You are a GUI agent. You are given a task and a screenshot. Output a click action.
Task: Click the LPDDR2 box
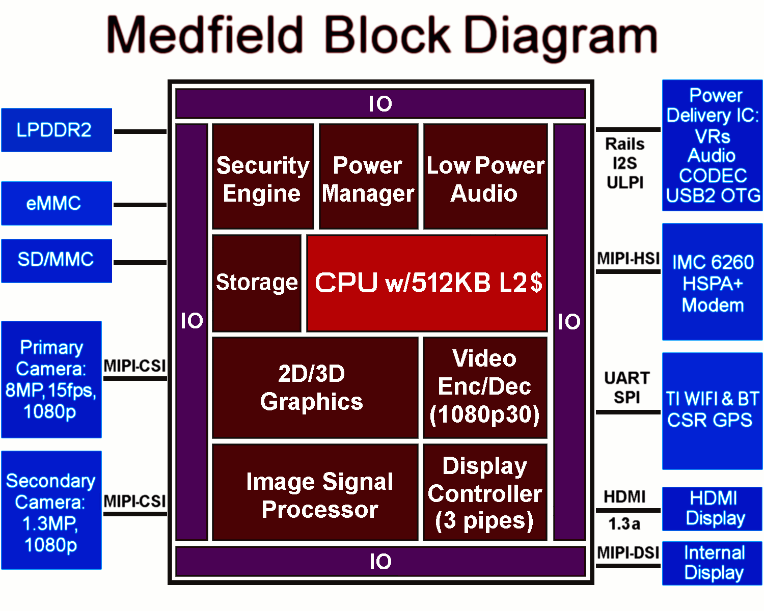(56, 130)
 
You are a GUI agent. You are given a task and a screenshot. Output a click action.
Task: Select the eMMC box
(56, 203)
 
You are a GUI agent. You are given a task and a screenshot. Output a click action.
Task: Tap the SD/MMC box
(56, 260)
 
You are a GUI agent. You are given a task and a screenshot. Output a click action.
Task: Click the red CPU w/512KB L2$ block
(427, 283)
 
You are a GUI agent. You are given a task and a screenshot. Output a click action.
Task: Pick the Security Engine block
(262, 176)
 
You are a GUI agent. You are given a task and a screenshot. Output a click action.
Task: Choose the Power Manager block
(368, 176)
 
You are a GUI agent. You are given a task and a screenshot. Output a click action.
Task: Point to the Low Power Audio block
(485, 176)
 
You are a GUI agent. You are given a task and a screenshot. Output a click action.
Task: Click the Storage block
(256, 283)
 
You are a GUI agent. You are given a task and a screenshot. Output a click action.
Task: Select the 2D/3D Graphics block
(314, 387)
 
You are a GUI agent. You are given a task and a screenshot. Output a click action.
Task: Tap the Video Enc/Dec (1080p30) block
(485, 387)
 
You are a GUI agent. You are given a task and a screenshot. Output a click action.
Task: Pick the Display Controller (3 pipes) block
(485, 492)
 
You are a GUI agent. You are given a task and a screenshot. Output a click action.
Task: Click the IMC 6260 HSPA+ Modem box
(712, 282)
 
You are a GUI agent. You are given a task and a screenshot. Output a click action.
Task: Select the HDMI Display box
(712, 509)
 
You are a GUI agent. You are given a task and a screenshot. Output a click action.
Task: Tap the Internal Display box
(712, 563)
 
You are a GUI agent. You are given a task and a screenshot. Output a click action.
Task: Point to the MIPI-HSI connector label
(628, 259)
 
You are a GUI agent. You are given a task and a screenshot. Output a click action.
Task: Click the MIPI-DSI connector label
(628, 552)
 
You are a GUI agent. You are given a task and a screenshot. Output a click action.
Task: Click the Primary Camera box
(51, 379)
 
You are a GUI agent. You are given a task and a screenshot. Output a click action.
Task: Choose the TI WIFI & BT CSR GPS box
(712, 410)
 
